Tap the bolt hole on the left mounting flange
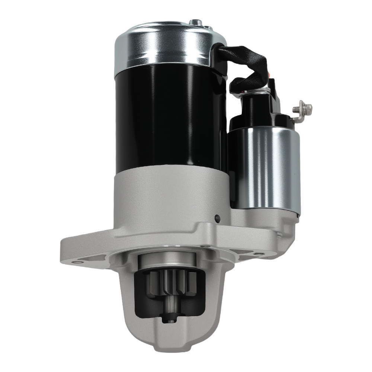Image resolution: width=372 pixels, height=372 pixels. point(77,263)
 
